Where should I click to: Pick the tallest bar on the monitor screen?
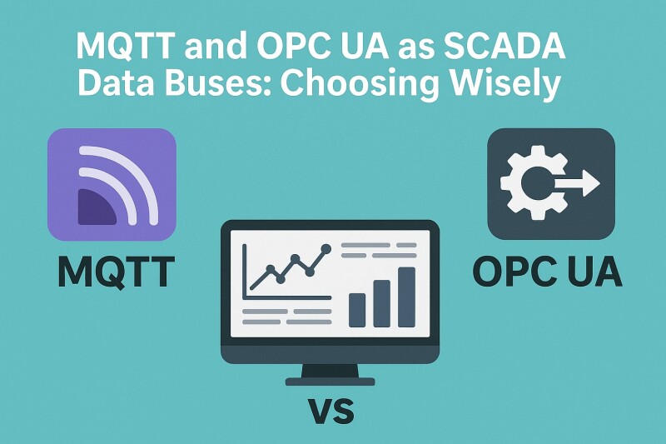(x=406, y=297)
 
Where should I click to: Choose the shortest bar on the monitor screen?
(x=356, y=309)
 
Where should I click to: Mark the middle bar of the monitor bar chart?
(x=381, y=302)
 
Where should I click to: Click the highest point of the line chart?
(x=326, y=248)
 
